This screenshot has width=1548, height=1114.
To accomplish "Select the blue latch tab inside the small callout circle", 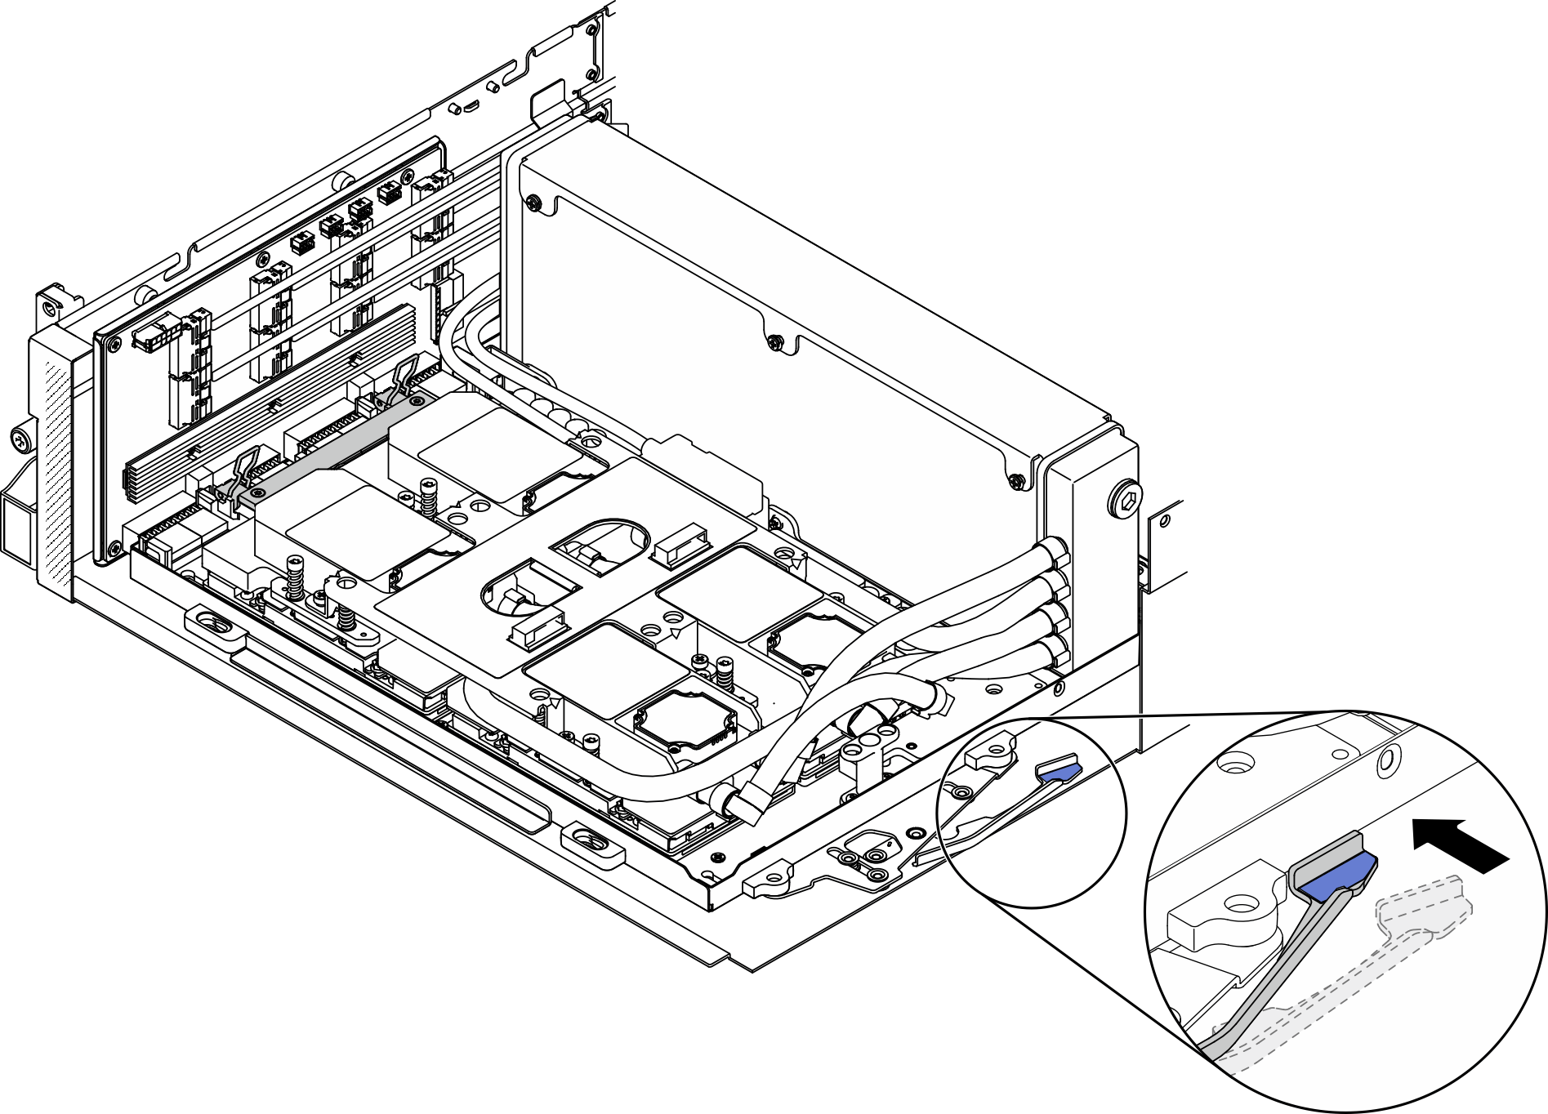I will point(1057,772).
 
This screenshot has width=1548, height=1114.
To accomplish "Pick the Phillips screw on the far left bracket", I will point(20,442).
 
